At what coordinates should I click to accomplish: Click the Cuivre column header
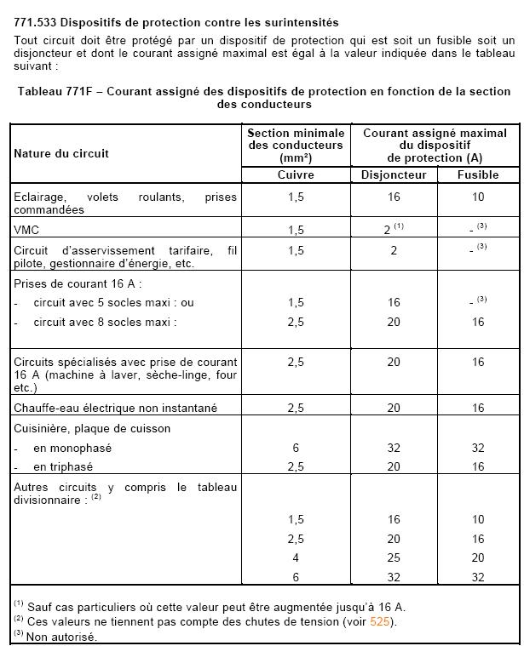pyautogui.click(x=296, y=175)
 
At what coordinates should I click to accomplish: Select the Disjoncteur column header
pyautogui.click(x=394, y=175)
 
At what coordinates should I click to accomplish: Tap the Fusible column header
pyautogui.click(x=478, y=175)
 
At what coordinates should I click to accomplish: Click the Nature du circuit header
pyautogui.click(x=60, y=154)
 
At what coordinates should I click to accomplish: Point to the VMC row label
pyautogui.click(x=26, y=230)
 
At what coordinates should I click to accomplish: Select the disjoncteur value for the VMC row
pyautogui.click(x=388, y=230)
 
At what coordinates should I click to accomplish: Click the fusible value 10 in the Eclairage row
pyautogui.click(x=478, y=197)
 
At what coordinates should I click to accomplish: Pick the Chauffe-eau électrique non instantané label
pyautogui.click(x=116, y=409)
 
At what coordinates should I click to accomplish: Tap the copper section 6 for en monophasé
pyautogui.click(x=296, y=448)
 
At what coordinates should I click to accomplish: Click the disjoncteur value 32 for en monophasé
pyautogui.click(x=394, y=448)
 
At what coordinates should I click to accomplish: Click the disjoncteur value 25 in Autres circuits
pyautogui.click(x=394, y=558)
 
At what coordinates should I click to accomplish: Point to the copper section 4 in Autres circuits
pyautogui.click(x=296, y=558)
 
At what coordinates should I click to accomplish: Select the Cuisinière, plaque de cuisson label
pyautogui.click(x=92, y=428)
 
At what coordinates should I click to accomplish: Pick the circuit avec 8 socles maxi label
pyautogui.click(x=105, y=322)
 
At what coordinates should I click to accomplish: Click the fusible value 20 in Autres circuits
pyautogui.click(x=478, y=558)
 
